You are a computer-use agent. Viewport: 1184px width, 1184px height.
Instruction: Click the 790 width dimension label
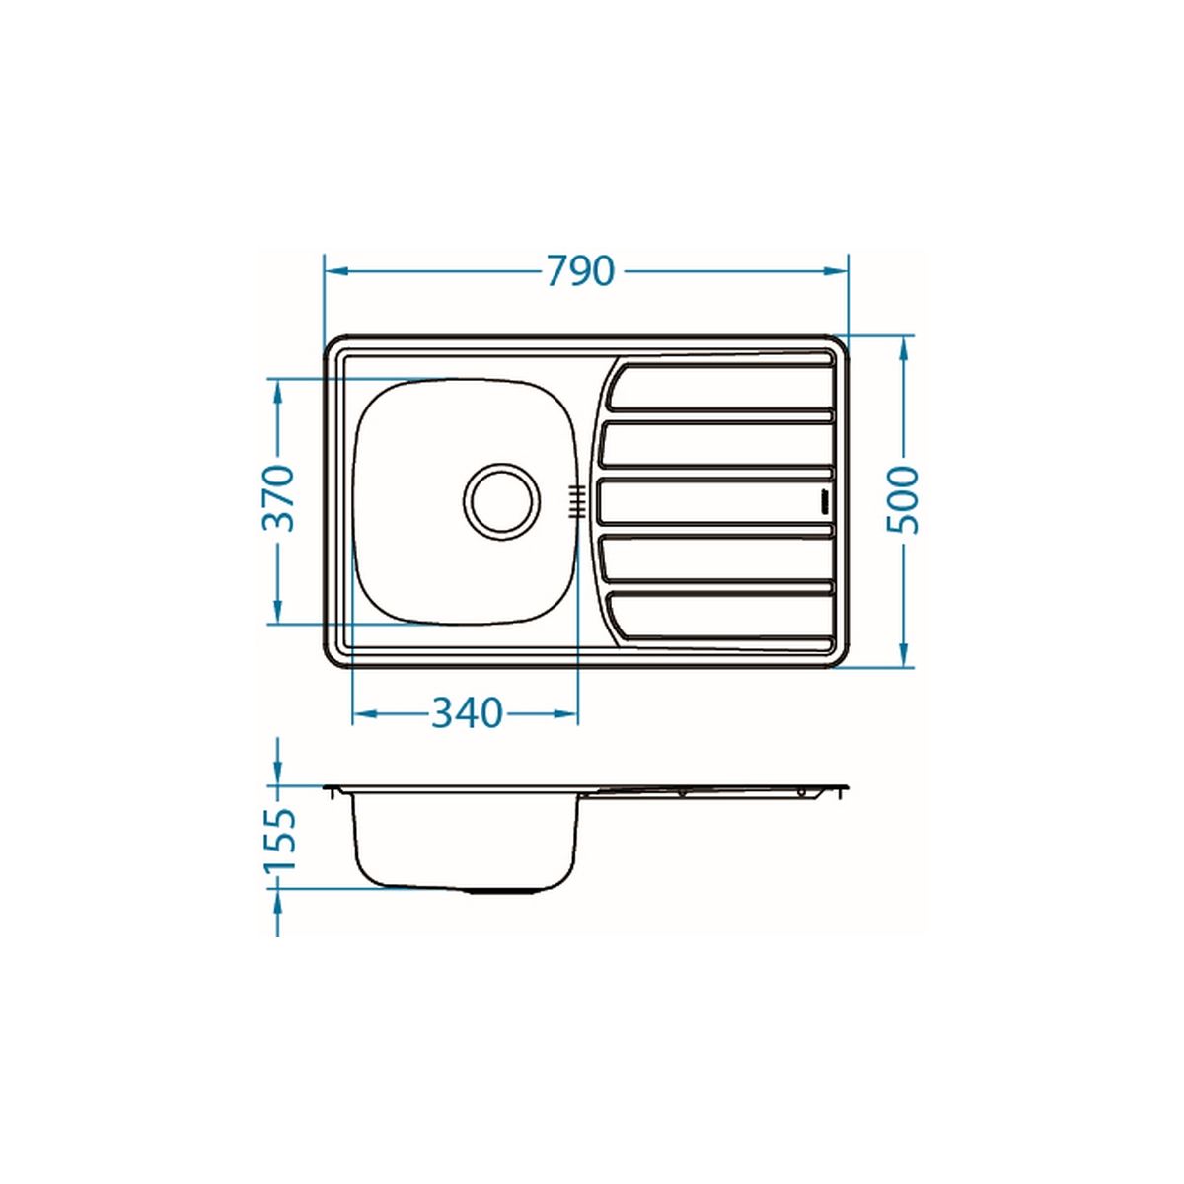(580, 271)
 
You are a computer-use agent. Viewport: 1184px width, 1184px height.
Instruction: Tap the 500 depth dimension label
(902, 500)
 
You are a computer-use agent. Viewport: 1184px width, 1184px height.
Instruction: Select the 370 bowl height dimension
(278, 498)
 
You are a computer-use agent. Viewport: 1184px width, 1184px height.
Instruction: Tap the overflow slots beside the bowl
(575, 502)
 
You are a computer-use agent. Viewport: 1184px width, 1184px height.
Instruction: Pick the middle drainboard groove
(714, 502)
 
